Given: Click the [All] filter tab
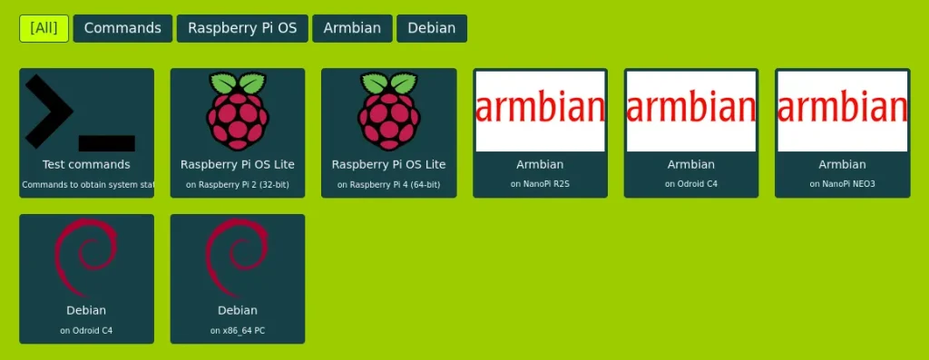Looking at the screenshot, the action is (x=44, y=28).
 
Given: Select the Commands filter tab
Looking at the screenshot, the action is (x=122, y=28).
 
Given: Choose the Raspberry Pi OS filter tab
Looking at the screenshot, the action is (x=242, y=28).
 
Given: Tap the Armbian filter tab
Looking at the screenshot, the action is (x=352, y=28).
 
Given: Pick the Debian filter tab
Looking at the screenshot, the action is (x=431, y=28).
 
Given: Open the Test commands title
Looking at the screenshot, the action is (x=86, y=165).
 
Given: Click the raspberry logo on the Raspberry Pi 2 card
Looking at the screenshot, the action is (x=238, y=111).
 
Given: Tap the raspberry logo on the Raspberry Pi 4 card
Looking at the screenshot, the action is (x=388, y=111).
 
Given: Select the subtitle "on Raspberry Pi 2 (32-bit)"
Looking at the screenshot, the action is (x=238, y=185).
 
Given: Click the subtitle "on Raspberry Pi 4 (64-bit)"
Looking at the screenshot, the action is (x=388, y=185).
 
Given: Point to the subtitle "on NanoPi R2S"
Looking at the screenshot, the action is (x=540, y=185).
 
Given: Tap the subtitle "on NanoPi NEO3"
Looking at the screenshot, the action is (x=842, y=185).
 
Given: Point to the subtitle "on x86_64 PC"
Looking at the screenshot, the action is (x=238, y=331).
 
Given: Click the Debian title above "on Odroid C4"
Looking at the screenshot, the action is (x=86, y=311).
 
